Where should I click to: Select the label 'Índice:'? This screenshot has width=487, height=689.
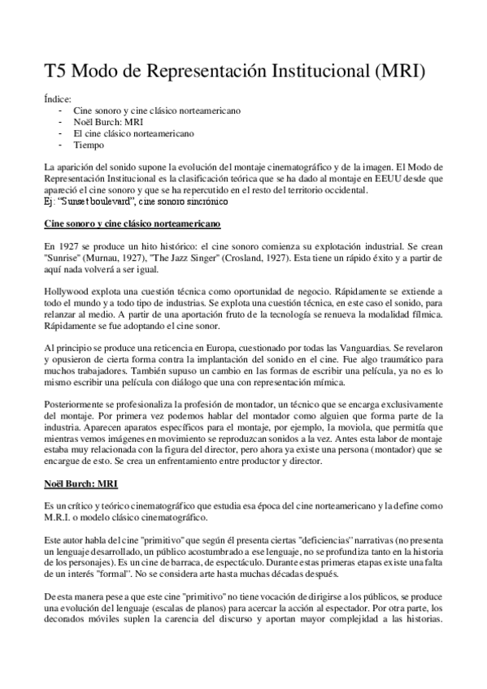click(57, 99)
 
